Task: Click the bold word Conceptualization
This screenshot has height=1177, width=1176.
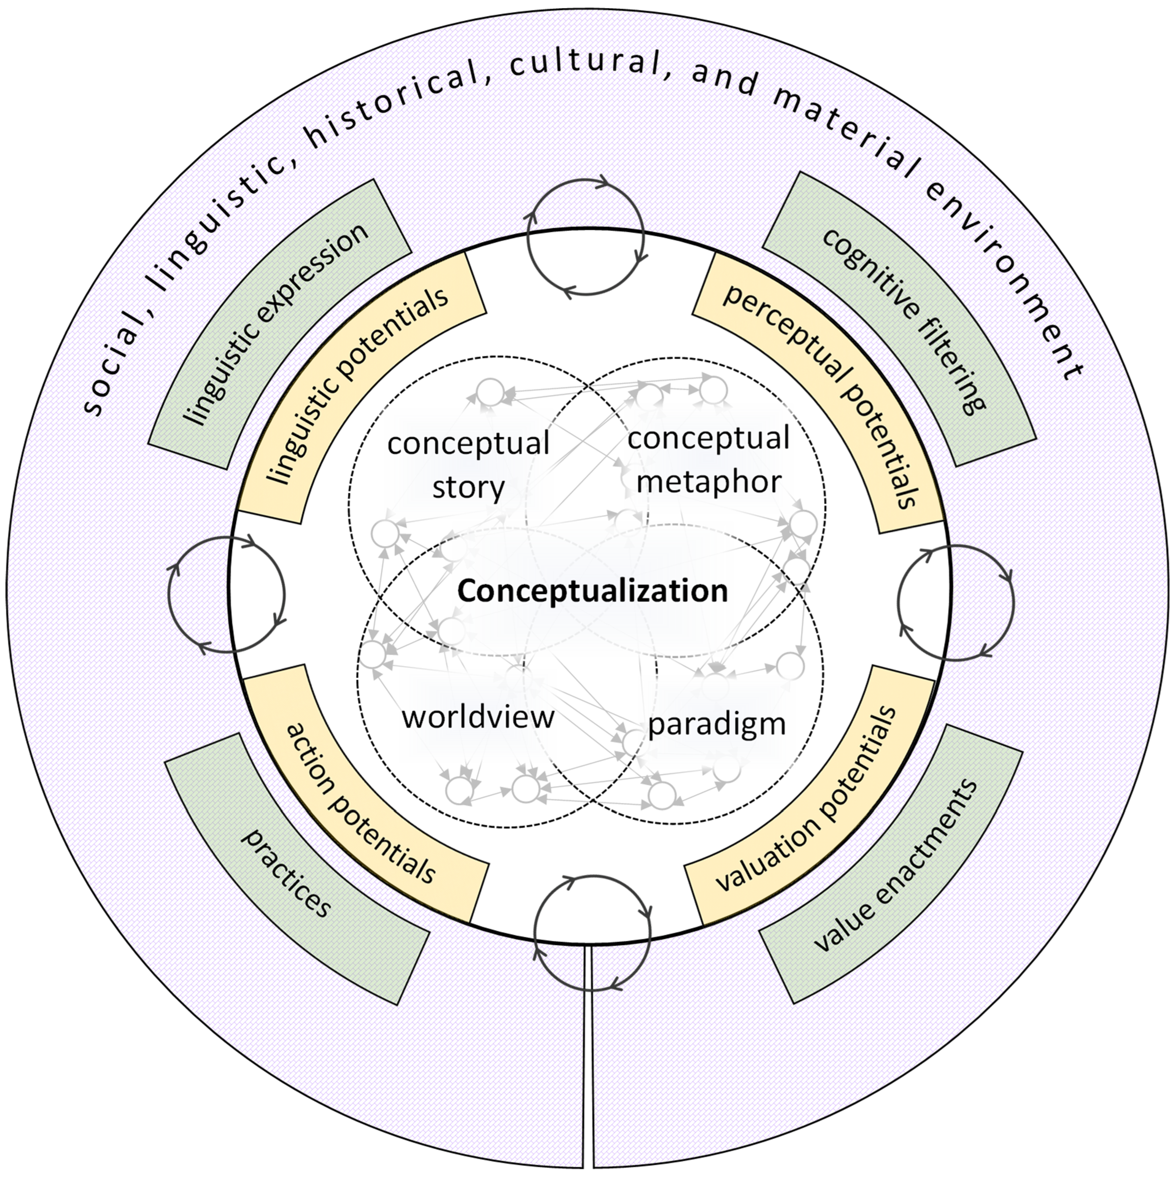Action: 592,591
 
